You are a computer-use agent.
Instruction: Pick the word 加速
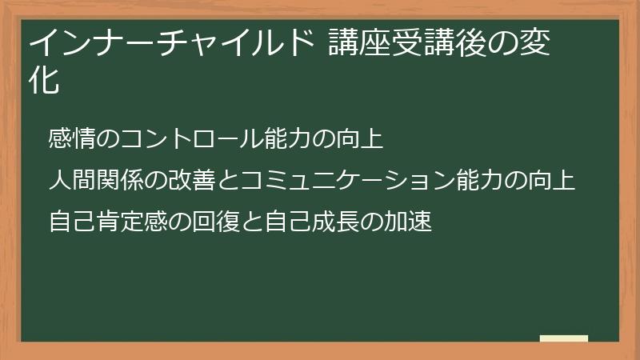416,221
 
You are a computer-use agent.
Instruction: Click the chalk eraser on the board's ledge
564,338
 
